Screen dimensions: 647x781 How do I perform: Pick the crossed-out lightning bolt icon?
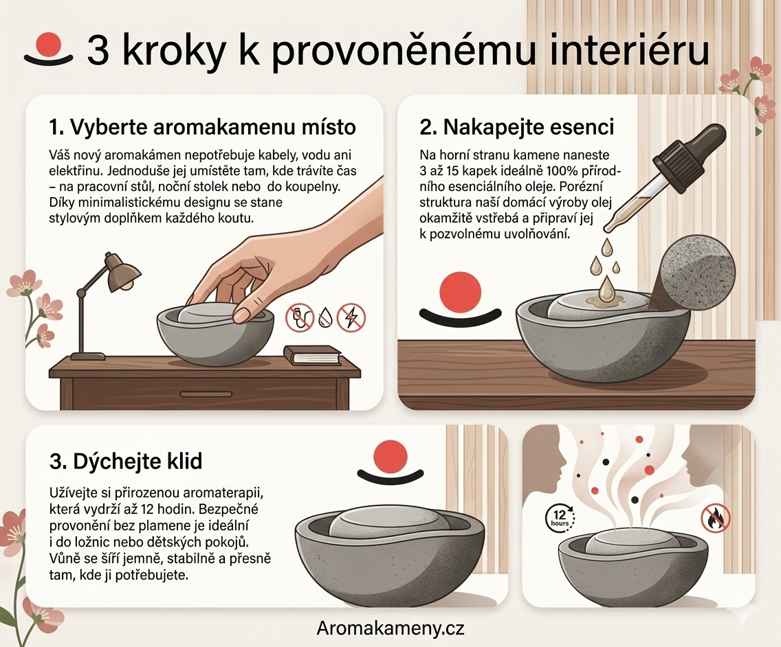(x=351, y=318)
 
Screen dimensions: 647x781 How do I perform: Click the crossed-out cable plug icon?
(x=299, y=318)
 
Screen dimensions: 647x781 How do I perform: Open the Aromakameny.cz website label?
(x=390, y=628)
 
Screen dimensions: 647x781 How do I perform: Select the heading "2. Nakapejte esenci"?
(x=516, y=127)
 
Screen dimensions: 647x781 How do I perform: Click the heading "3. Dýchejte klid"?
(x=126, y=461)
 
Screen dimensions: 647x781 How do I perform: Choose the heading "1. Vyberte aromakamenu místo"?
(x=202, y=127)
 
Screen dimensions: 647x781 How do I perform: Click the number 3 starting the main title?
(x=98, y=52)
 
